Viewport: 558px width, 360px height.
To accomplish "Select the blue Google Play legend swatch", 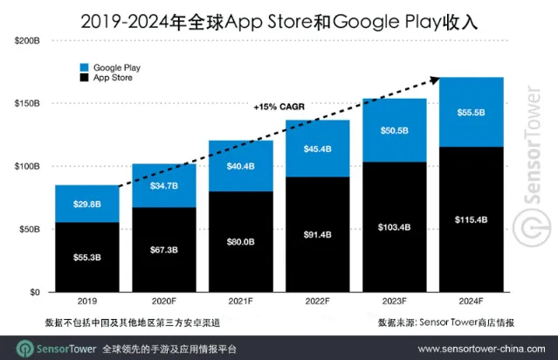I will click(84, 67).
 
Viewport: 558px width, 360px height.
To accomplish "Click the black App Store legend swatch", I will click(84, 79).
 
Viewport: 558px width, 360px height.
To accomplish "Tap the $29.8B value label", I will click(86, 203).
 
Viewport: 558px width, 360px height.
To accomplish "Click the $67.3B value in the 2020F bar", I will click(162, 250).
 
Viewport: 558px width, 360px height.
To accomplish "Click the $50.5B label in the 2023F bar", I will click(393, 130).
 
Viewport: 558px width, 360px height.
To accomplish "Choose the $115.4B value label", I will click(470, 219).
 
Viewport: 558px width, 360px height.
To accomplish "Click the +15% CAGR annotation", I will click(279, 107).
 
